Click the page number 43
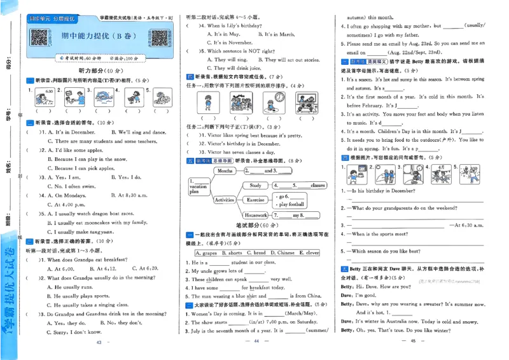[99, 343]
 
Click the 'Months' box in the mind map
[225, 171]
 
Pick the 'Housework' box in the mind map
[256, 216]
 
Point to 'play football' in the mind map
[291, 205]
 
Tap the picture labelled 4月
[438, 174]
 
